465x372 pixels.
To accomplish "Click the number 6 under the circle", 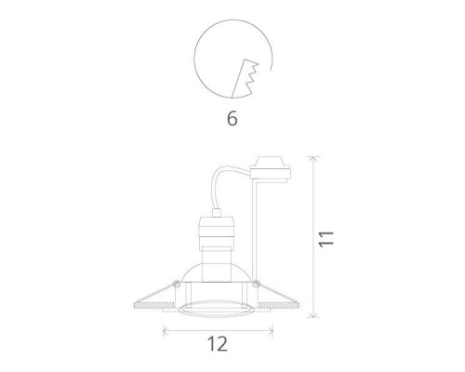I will coord(232,119).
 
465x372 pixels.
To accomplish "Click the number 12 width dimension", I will coord(218,344).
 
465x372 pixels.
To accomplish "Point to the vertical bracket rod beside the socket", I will coord(255,232).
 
